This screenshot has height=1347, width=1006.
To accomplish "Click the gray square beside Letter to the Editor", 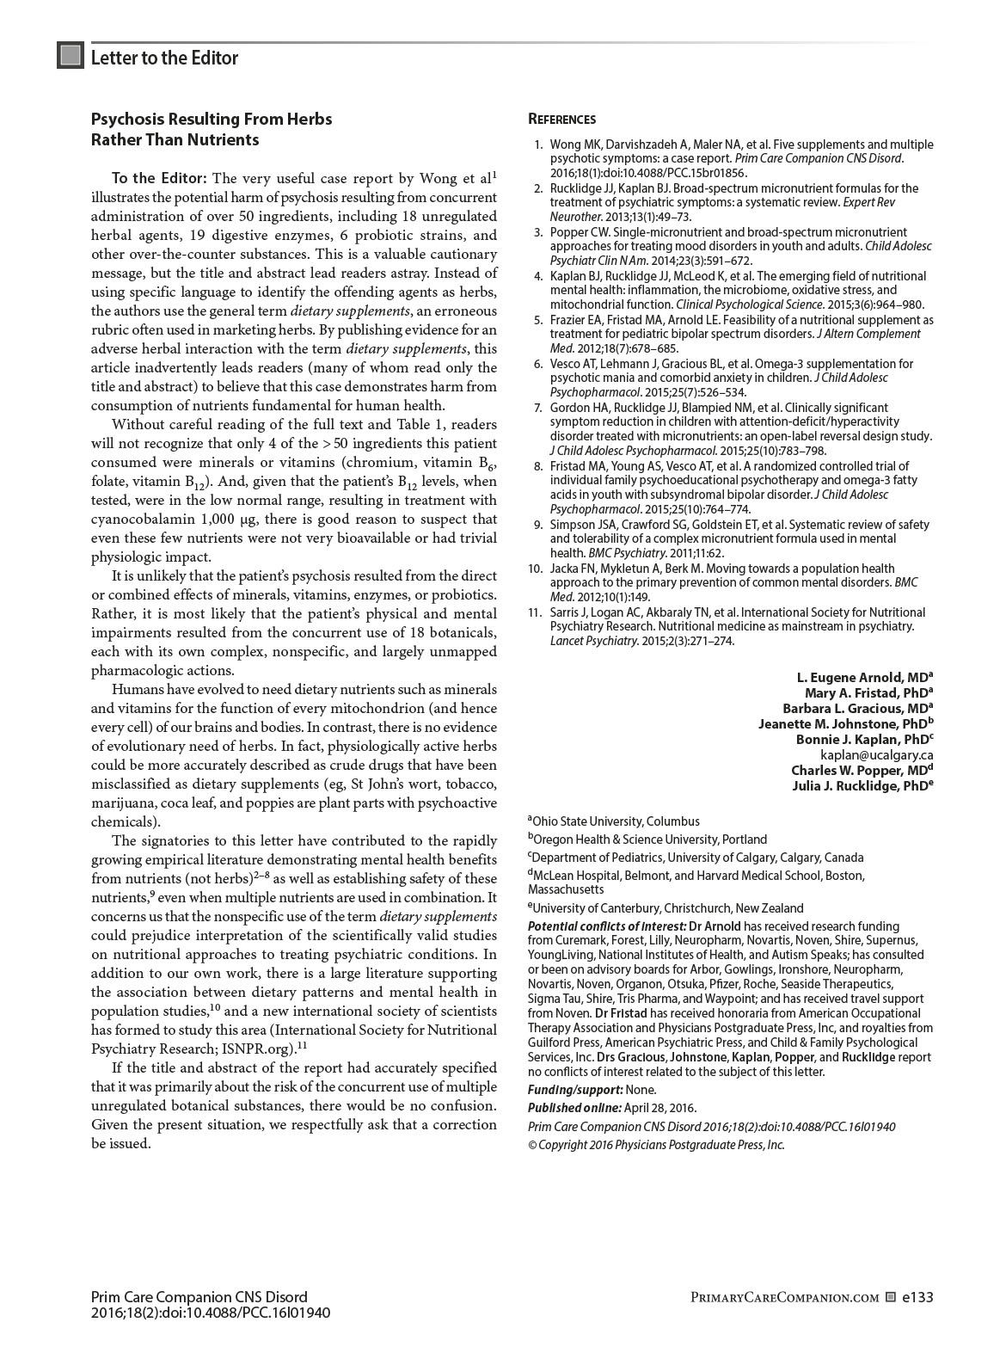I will click(71, 56).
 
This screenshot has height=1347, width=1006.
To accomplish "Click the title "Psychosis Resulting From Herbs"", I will click(212, 119).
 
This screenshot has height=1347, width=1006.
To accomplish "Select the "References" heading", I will click(561, 120).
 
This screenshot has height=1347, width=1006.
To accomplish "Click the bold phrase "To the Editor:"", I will click(159, 179).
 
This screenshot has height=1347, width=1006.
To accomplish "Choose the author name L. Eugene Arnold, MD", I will click(864, 677).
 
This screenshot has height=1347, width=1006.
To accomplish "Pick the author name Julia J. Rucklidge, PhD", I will click(862, 785).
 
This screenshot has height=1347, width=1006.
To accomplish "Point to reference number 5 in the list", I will click(537, 320).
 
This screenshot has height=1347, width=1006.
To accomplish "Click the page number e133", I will click(917, 1297).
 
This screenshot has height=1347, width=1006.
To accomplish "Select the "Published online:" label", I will click(574, 1108).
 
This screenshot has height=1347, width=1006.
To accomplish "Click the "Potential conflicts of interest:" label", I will click(607, 926).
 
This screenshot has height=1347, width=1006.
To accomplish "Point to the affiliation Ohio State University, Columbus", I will click(616, 821).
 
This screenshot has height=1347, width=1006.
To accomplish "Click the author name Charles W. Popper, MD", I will click(862, 770).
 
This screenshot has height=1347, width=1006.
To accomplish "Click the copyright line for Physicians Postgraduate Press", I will click(656, 1145).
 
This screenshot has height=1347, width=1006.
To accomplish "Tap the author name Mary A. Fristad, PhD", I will click(868, 692).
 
